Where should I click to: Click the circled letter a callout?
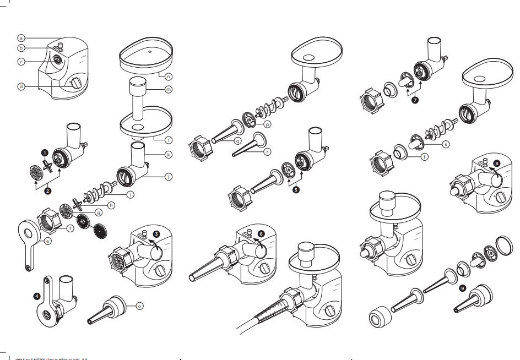pyautogui.click(x=21, y=38)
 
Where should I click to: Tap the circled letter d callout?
pyautogui.click(x=21, y=88)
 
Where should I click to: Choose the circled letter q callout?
pyautogui.click(x=238, y=140)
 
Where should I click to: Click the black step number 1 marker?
pyautogui.click(x=45, y=153)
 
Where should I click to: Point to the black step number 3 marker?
pyautogui.click(x=156, y=234)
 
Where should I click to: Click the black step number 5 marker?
pyautogui.click(x=298, y=188)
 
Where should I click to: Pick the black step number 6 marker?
pyautogui.click(x=261, y=233)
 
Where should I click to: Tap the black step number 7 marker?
pyautogui.click(x=414, y=100)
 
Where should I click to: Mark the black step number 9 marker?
pyautogui.click(x=462, y=287)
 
